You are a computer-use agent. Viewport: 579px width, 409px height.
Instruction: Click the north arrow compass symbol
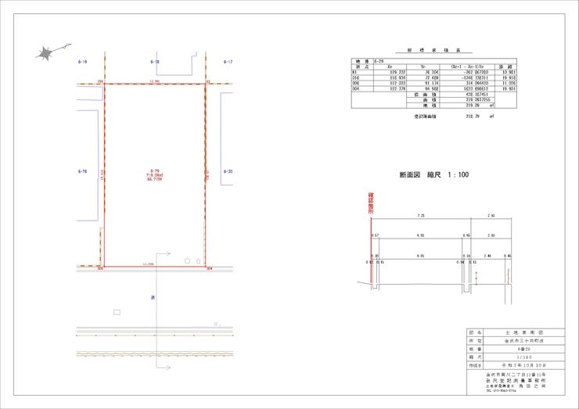(x=45, y=52)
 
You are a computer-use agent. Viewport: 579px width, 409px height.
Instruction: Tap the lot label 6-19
(x=82, y=61)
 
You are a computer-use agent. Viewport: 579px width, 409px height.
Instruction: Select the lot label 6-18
(x=154, y=61)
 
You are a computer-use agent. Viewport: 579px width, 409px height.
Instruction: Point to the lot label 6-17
(x=228, y=61)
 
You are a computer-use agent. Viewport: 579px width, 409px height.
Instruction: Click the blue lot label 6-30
(x=228, y=170)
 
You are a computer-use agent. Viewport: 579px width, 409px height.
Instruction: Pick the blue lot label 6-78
(x=82, y=170)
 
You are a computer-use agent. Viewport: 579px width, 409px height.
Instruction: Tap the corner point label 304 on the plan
(x=210, y=270)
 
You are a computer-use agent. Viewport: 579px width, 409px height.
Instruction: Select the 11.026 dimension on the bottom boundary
(x=148, y=264)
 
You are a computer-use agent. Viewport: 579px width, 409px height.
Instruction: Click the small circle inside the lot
(x=187, y=260)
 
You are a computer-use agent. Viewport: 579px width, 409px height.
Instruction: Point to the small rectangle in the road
(x=117, y=312)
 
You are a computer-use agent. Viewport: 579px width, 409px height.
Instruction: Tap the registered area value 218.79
(x=472, y=116)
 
